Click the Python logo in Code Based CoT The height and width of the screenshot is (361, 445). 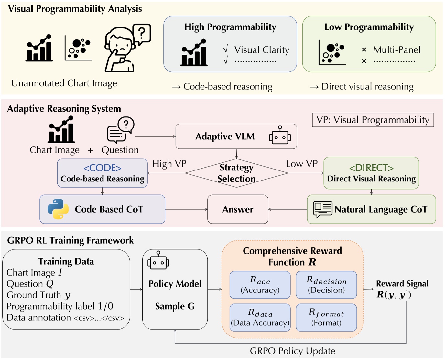point(58,209)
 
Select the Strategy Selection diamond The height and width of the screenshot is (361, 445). point(236,173)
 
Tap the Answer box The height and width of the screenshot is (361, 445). point(238,209)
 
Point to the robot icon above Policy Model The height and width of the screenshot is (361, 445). point(158,261)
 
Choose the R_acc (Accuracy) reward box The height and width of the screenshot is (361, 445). point(260,285)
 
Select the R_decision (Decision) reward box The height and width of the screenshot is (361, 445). point(326,285)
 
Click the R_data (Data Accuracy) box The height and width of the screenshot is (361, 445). point(260,317)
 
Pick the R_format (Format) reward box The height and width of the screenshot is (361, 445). point(326,317)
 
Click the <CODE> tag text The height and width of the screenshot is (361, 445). point(103,168)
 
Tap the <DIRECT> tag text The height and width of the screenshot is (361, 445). point(371,168)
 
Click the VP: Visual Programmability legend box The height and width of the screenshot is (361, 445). point(373,120)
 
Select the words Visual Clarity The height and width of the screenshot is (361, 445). point(262,50)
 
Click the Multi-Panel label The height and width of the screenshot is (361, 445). point(397,50)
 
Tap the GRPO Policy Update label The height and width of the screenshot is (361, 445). point(292,351)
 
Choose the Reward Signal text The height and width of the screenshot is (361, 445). point(402,284)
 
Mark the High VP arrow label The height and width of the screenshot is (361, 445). point(169,164)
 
